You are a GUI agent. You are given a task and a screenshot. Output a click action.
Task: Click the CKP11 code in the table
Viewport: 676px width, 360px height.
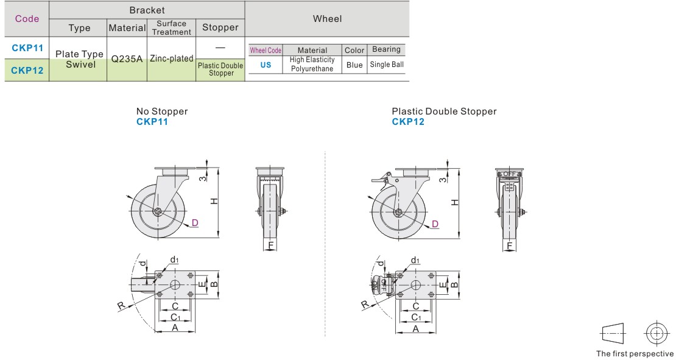pos(27,48)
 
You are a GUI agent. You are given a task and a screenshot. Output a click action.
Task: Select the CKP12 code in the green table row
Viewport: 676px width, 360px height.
pos(27,71)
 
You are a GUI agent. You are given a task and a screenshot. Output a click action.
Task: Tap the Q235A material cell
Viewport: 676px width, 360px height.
pos(127,59)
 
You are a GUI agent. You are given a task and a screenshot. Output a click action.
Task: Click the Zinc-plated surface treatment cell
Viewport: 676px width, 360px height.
pos(171,59)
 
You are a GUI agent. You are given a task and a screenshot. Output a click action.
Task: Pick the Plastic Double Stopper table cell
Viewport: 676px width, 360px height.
pos(220,69)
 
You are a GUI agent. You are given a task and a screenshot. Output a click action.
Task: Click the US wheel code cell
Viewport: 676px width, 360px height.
pos(266,65)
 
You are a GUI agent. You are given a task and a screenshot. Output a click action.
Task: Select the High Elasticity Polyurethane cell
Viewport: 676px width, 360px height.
pos(312,65)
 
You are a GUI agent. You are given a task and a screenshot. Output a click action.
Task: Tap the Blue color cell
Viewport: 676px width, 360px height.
pos(354,65)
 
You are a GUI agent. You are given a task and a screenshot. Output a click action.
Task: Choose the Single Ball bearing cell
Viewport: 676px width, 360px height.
pos(387,65)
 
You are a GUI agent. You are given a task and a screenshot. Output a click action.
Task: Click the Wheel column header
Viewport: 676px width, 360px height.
pos(327,19)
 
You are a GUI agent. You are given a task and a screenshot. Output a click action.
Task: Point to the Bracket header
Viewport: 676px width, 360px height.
pos(147,10)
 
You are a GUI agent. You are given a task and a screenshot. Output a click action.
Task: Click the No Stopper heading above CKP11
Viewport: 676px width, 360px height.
pos(162,111)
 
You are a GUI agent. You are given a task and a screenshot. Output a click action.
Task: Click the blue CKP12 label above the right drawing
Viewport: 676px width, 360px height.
pos(408,122)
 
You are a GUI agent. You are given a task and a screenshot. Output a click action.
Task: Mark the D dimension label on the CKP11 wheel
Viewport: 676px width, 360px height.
pos(194,223)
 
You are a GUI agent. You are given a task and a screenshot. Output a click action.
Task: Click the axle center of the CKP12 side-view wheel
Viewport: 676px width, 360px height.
pos(398,212)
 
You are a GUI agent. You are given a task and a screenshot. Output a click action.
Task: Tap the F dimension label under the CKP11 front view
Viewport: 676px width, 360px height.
pos(271,246)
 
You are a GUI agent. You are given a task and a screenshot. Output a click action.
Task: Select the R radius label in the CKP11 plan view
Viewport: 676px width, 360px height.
pos(121,305)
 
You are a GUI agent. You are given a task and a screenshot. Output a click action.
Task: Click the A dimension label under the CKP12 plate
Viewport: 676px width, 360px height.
pos(416,328)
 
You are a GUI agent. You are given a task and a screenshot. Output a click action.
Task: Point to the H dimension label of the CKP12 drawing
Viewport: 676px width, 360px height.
pos(455,202)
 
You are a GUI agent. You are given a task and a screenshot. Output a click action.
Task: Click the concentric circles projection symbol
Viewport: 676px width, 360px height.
pos(655,333)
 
